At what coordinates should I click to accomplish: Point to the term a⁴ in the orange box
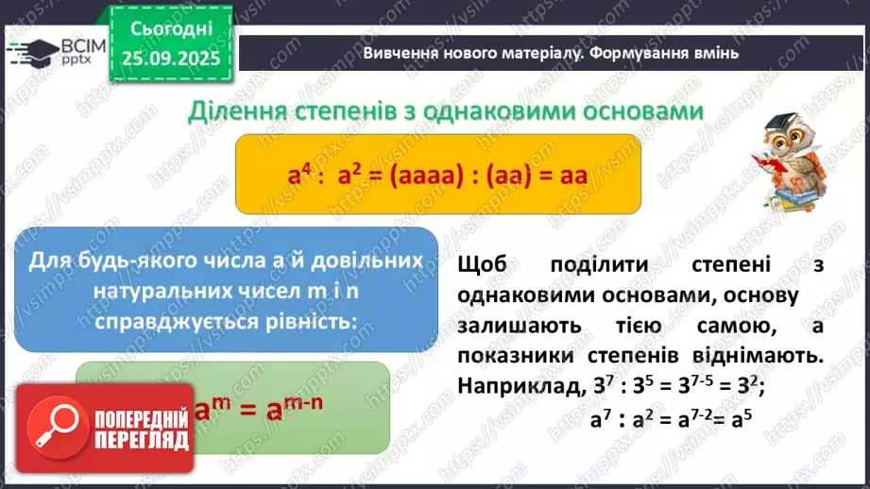coord(300,175)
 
